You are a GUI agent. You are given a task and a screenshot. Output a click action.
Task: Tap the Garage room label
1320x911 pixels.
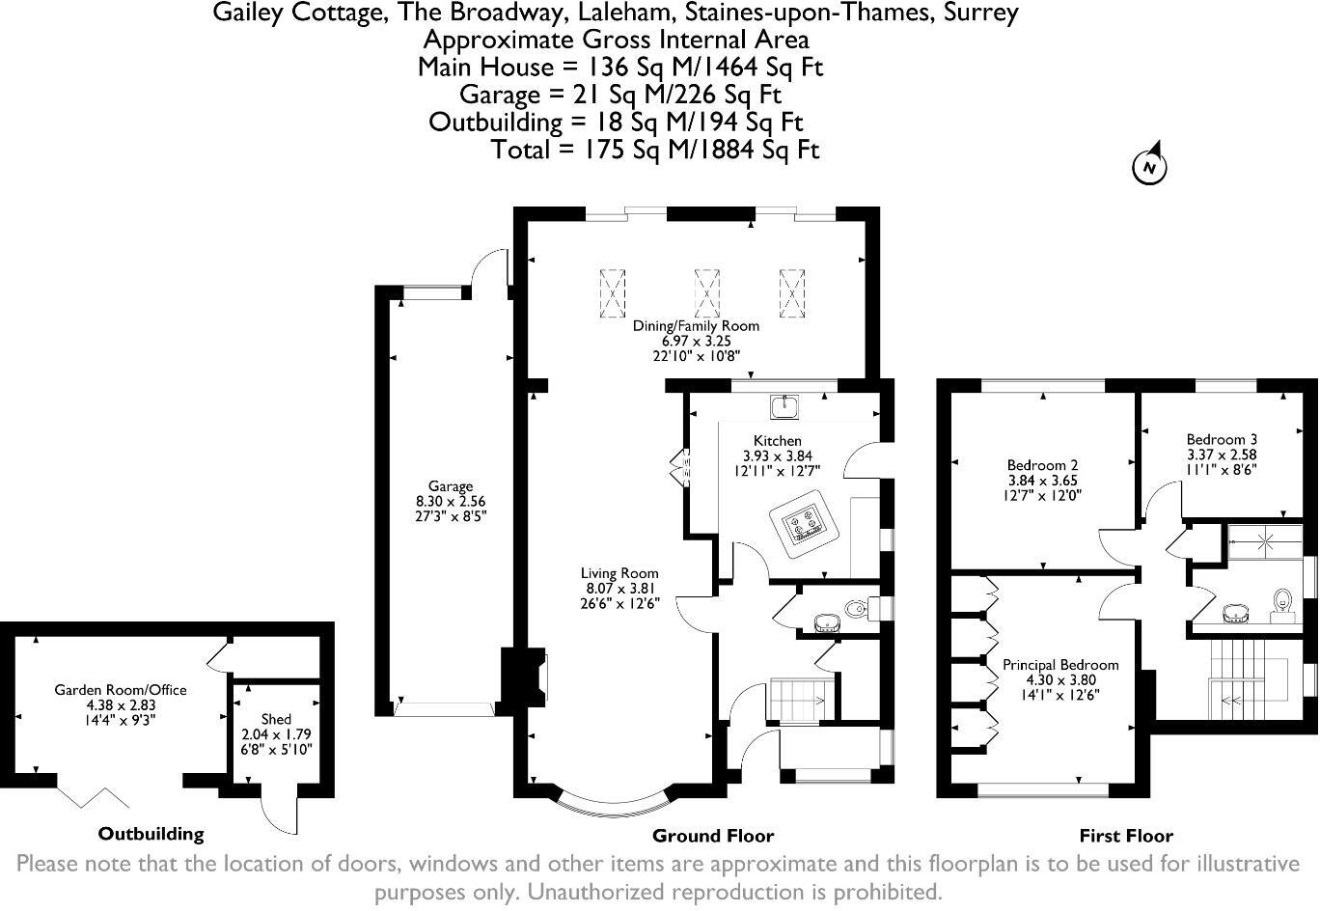click(451, 486)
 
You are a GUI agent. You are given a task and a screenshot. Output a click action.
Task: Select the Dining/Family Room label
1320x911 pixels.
click(696, 326)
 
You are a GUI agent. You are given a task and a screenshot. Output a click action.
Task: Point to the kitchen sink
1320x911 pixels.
click(784, 407)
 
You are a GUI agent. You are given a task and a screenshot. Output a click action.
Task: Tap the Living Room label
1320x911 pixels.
click(619, 573)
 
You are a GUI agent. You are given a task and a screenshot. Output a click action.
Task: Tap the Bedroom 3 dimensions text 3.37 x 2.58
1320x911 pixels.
click(1222, 455)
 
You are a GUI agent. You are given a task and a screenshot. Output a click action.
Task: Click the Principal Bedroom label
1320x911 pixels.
click(1060, 665)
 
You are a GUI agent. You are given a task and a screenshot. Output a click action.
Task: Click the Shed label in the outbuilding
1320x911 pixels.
click(276, 719)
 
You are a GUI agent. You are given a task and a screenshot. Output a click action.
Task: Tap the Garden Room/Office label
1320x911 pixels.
click(121, 690)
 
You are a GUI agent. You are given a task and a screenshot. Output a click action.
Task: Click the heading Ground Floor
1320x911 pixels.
click(713, 836)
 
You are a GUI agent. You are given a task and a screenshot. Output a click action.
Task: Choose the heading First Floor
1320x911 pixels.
click(1126, 836)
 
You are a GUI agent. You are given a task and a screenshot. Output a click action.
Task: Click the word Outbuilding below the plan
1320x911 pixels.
click(151, 834)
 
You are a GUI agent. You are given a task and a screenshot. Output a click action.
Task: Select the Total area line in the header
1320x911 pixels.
click(654, 150)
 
